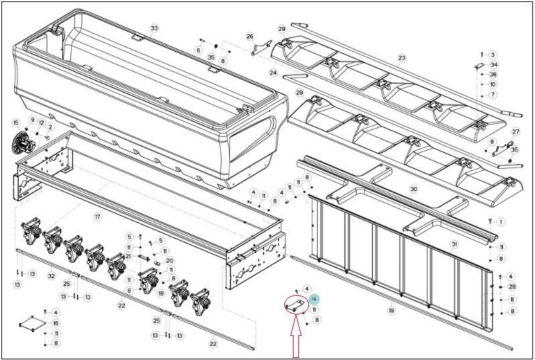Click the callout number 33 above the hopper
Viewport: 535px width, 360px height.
[x=154, y=28]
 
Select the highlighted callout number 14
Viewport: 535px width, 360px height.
[x=314, y=299]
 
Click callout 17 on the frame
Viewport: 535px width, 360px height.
[x=99, y=217]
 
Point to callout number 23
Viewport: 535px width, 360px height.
[x=402, y=58]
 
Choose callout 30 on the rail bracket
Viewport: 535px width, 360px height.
[x=414, y=188]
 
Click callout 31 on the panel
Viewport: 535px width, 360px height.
[x=454, y=244]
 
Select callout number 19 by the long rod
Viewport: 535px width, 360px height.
[x=392, y=310]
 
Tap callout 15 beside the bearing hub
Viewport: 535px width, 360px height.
[x=15, y=123]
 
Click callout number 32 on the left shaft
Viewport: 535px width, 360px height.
[x=51, y=276]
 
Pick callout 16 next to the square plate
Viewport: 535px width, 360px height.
[x=56, y=323]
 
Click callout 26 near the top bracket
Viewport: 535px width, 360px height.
[x=250, y=36]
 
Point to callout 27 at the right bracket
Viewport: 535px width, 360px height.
[x=516, y=132]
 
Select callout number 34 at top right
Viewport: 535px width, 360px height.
[x=493, y=64]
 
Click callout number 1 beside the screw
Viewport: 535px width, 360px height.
[x=501, y=222]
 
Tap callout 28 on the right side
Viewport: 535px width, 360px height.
[x=512, y=287]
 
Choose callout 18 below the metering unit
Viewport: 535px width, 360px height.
[x=161, y=293]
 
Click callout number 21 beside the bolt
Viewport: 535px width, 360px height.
[x=128, y=256]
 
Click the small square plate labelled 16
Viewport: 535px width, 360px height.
[x=32, y=323]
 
